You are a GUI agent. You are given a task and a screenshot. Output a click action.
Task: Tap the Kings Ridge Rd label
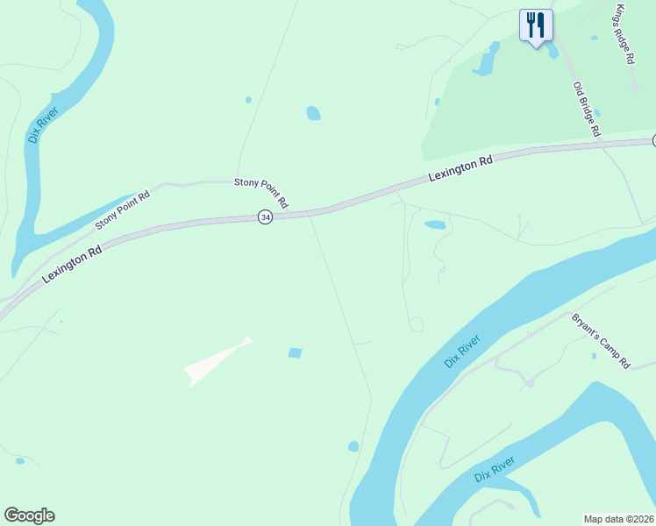coord(624,34)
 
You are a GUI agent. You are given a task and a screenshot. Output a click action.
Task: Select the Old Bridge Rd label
coord(587,109)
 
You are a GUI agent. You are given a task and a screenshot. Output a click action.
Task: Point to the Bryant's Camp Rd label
coord(601,340)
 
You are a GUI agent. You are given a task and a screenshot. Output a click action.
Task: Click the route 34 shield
coord(265,217)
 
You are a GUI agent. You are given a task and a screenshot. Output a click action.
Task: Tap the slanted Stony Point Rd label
coord(123,210)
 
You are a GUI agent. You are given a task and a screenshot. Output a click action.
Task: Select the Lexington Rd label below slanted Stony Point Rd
coord(72,262)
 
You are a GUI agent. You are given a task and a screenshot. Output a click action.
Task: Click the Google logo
coord(29,515)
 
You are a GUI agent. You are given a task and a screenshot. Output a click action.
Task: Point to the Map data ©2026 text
coord(618,519)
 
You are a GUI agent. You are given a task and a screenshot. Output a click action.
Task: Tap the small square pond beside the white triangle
coord(295,352)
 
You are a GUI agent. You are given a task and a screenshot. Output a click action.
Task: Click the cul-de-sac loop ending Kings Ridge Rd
coord(634,88)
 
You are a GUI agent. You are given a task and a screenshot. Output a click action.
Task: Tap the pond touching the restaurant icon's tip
coord(552,51)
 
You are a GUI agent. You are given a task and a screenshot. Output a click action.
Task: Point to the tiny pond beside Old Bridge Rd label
coord(596,114)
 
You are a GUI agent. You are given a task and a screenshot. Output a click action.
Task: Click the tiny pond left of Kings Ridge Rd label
coord(594,38)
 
